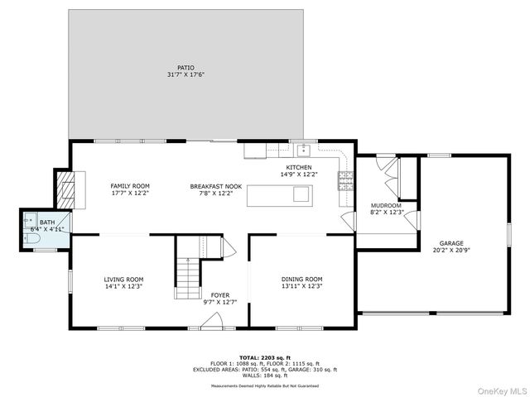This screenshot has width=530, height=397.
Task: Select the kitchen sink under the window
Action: coord(304,150)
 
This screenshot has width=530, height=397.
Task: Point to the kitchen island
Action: coord(279,194)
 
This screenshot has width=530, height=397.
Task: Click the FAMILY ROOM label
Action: coord(130,186)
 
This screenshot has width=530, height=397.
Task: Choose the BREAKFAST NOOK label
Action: coord(215,186)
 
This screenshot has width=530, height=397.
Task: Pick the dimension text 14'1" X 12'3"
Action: coord(123,287)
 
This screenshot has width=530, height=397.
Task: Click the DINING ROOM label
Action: coord(301,280)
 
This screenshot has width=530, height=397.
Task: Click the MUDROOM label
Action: coord(386,205)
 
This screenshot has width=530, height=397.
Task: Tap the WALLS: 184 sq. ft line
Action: coord(264,376)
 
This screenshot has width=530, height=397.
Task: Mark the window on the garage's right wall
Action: coord(508,233)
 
